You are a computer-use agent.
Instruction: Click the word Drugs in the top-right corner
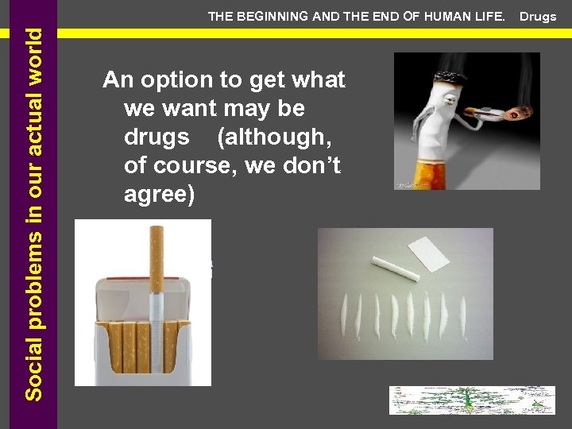click(x=538, y=17)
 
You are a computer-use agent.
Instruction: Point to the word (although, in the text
click(x=274, y=137)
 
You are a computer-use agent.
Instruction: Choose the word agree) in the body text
click(x=159, y=194)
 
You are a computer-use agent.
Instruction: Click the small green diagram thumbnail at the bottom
click(x=471, y=400)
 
